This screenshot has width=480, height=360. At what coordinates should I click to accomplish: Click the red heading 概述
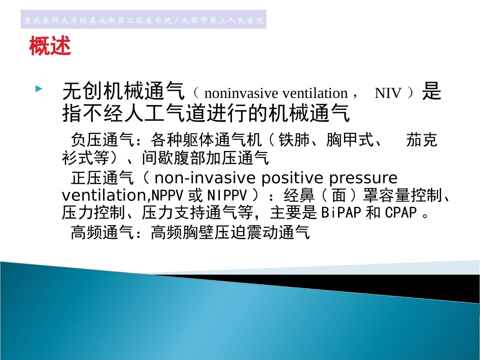(x=50, y=47)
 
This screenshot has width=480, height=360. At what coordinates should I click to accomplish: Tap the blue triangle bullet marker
(x=38, y=89)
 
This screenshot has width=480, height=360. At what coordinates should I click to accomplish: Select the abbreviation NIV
(x=388, y=93)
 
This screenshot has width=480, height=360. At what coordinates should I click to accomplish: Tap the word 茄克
(x=422, y=140)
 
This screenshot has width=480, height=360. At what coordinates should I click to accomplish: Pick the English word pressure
(x=363, y=178)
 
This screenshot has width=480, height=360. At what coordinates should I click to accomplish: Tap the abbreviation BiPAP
(x=341, y=213)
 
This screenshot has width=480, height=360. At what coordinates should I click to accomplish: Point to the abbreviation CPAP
(x=401, y=213)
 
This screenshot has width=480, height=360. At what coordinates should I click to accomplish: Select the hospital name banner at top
(x=144, y=21)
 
